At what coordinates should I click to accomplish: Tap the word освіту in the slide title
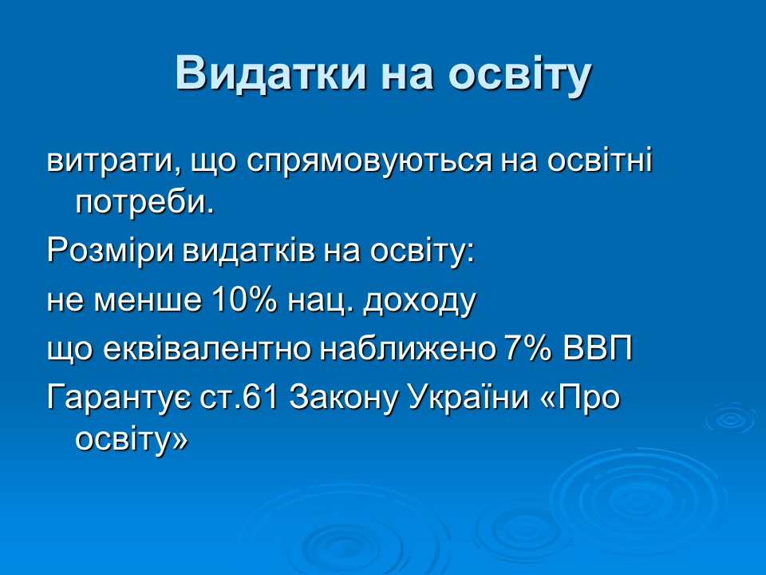click(519, 73)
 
